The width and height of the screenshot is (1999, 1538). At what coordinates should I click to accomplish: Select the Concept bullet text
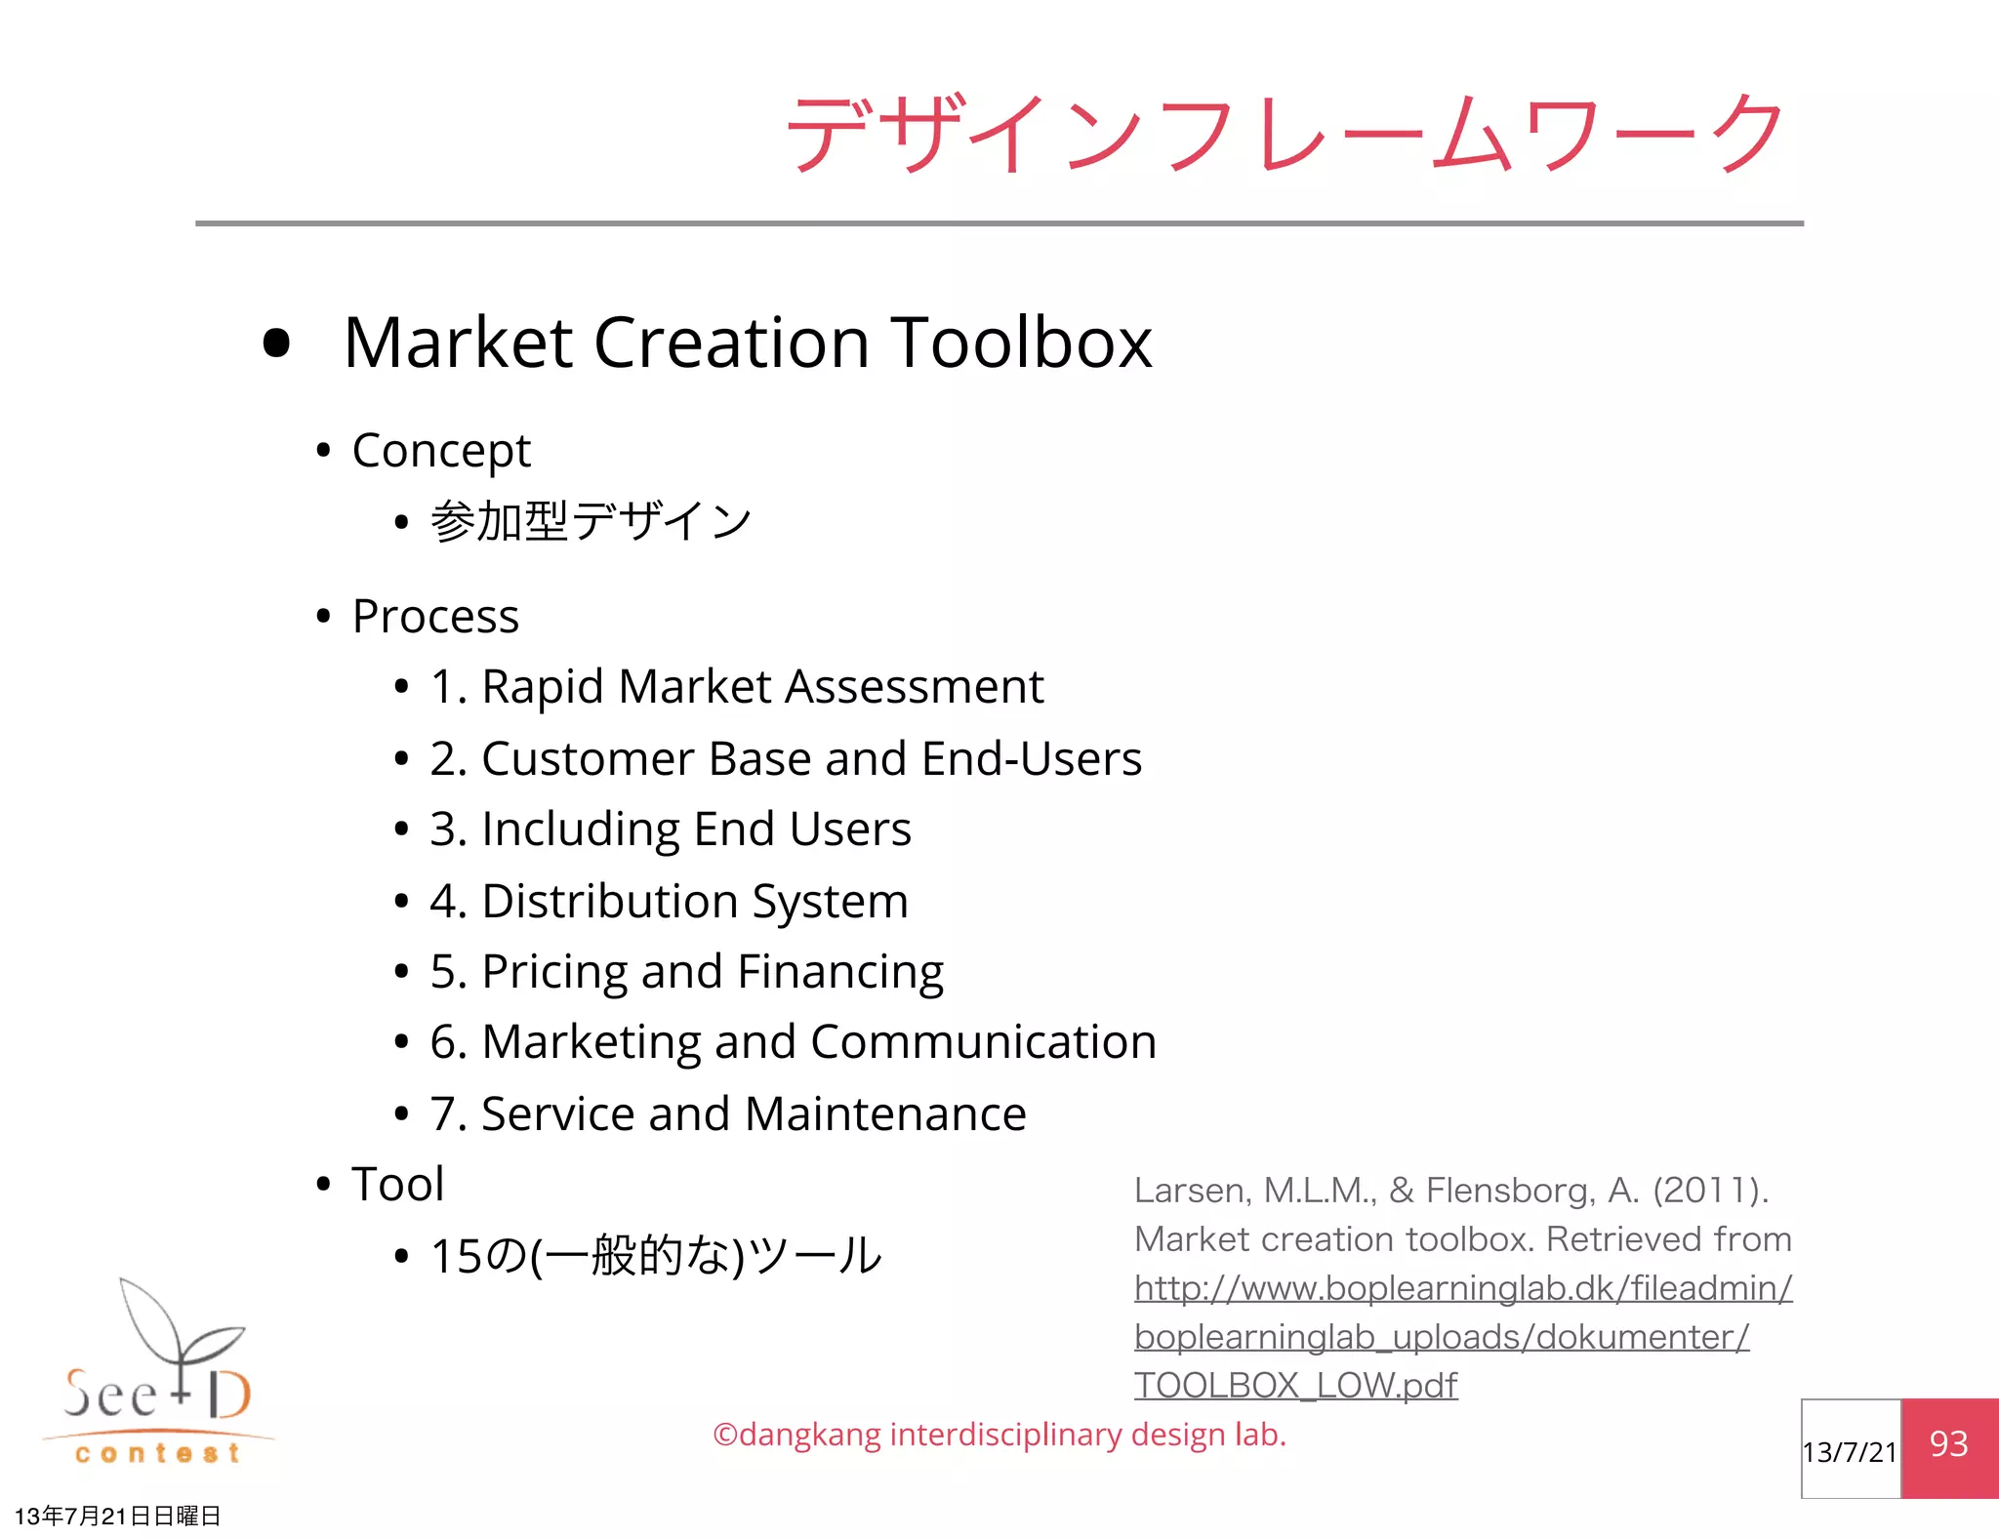coord(441,451)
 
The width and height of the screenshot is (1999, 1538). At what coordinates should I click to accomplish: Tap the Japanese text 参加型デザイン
coord(591,521)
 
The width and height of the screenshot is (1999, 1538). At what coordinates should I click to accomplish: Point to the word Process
coord(435,617)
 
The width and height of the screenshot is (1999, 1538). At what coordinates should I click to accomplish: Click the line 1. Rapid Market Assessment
coord(737,687)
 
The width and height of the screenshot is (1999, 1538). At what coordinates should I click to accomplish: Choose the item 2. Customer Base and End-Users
coord(786,759)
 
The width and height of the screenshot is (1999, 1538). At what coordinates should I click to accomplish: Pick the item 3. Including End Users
coord(671,830)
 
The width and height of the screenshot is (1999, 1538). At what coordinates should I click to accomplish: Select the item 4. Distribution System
coord(669,901)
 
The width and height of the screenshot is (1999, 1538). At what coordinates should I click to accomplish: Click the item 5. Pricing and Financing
coord(686,972)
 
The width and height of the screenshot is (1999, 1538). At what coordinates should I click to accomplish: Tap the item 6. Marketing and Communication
coord(793,1042)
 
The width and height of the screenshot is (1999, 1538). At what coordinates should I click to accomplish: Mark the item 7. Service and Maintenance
coord(728,1114)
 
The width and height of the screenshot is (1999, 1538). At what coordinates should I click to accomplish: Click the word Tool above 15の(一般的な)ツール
coord(398,1185)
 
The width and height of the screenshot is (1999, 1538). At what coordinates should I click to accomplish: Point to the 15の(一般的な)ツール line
coord(656,1256)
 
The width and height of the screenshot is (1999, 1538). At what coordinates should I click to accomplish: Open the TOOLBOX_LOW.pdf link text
coord(1295,1386)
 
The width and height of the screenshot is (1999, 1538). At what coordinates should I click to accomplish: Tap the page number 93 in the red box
coord(1948,1444)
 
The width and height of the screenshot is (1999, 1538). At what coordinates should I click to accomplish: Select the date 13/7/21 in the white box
coord(1850,1452)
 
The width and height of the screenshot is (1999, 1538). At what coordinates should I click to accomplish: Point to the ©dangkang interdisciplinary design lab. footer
coord(999,1435)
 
